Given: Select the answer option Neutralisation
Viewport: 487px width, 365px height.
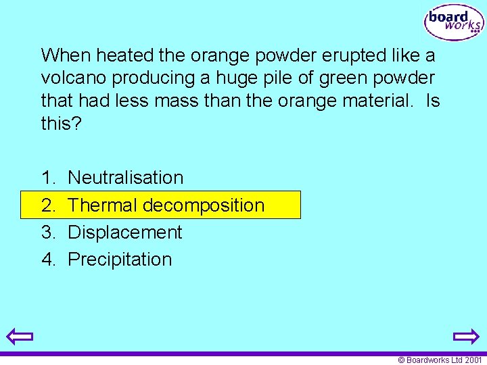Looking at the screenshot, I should coord(126,178).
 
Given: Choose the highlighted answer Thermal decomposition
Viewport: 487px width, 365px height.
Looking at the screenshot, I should coord(166,205).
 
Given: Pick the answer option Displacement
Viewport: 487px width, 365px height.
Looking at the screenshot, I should coord(125,233).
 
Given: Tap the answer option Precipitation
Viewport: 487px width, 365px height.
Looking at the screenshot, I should coord(120,260).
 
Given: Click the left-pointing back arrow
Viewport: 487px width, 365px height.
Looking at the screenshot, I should coord(20,336).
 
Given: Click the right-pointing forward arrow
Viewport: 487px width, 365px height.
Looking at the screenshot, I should coord(466,336).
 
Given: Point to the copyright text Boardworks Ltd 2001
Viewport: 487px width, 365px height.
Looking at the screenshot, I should coord(440,360).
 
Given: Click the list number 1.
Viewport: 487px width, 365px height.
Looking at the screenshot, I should coord(49,178).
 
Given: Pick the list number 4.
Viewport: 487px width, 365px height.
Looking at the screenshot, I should coord(49,260).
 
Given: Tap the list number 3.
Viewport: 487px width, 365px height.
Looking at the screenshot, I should coord(49,233).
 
